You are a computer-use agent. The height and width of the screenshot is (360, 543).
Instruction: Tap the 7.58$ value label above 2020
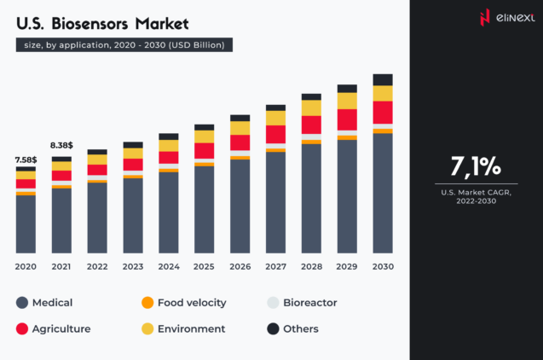click(x=26, y=159)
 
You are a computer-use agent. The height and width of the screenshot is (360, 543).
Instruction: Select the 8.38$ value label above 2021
click(x=61, y=146)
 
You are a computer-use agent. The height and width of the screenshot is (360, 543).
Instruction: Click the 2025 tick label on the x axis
click(x=204, y=267)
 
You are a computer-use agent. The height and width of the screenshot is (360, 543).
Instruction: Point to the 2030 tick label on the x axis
click(x=383, y=267)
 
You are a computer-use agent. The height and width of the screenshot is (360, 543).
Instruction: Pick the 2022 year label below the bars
click(x=97, y=267)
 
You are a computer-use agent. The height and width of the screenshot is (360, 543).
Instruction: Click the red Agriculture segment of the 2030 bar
click(x=383, y=113)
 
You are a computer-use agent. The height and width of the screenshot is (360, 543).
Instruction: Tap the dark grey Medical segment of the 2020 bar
click(x=26, y=224)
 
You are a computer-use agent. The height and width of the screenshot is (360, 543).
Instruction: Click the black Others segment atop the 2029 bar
click(x=347, y=88)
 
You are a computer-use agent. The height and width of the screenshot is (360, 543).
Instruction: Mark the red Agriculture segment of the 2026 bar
click(x=240, y=142)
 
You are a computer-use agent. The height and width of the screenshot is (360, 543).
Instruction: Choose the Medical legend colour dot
click(x=22, y=303)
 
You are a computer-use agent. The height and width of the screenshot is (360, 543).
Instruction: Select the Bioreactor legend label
click(x=311, y=303)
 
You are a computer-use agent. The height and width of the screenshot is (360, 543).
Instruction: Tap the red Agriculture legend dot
click(x=22, y=328)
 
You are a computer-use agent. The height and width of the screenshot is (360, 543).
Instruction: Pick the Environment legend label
click(x=192, y=328)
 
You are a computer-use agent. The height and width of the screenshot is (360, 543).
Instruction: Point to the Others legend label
click(x=302, y=328)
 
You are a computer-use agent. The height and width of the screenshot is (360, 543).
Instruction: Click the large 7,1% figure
click(x=476, y=165)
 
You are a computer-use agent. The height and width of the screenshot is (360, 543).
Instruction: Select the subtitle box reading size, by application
click(x=124, y=44)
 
